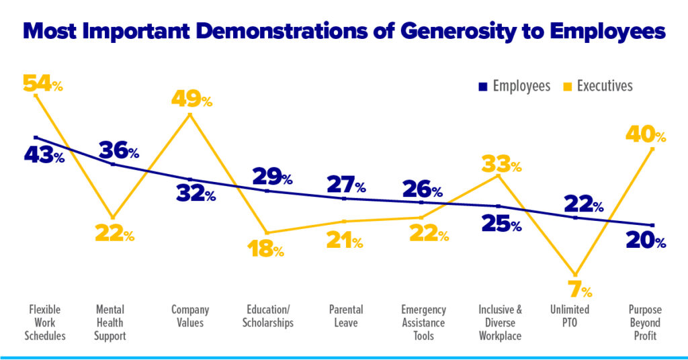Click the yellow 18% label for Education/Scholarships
click(x=264, y=249)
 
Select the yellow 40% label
click(x=645, y=134)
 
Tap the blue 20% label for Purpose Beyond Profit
click(x=646, y=241)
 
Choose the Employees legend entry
click(x=516, y=86)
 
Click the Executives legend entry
click(x=599, y=86)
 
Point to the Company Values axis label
click(x=190, y=316)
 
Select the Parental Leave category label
click(x=346, y=316)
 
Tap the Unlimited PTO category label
click(x=570, y=316)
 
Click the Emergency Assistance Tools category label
click(x=423, y=322)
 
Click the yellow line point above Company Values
click(x=190, y=115)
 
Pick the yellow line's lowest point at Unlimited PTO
click(x=575, y=274)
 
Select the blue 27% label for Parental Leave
click(x=346, y=184)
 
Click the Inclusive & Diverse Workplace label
click(x=500, y=322)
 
